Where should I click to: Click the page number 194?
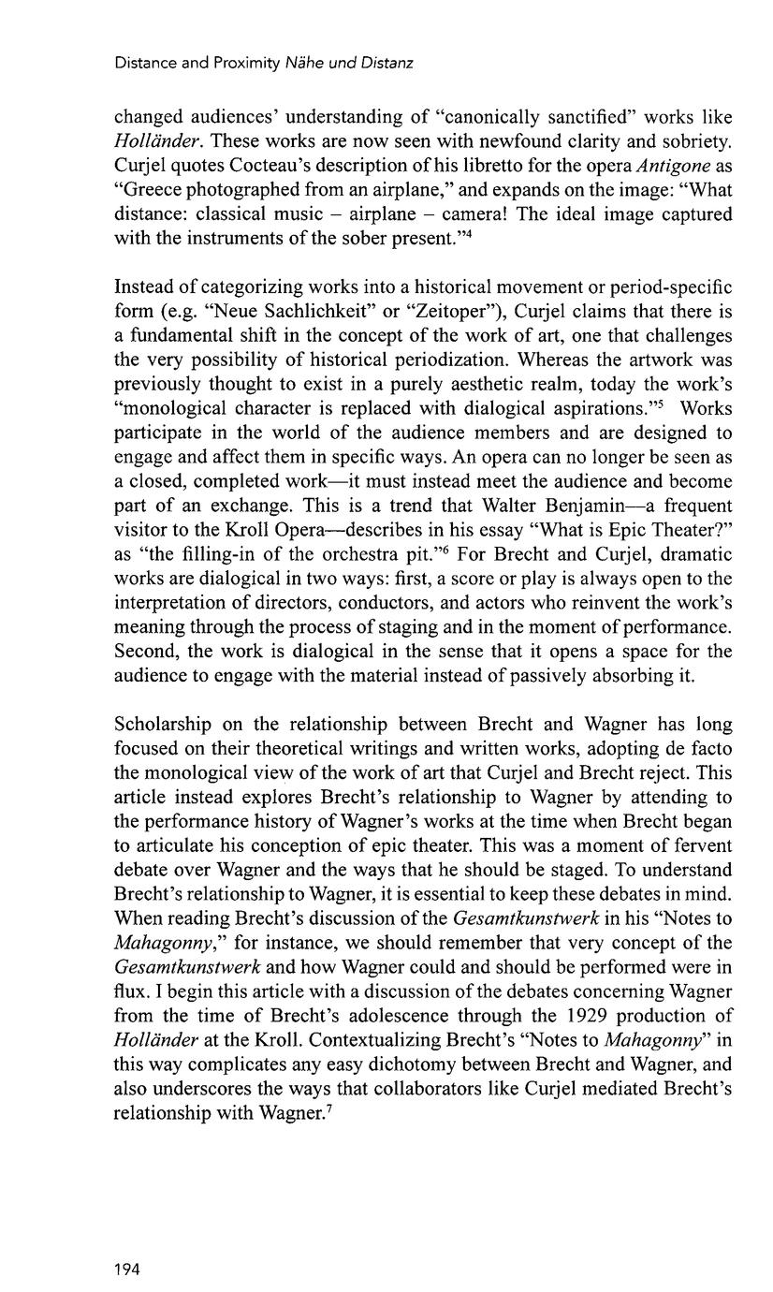pos(126,1270)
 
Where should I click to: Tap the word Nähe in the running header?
pos(302,64)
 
